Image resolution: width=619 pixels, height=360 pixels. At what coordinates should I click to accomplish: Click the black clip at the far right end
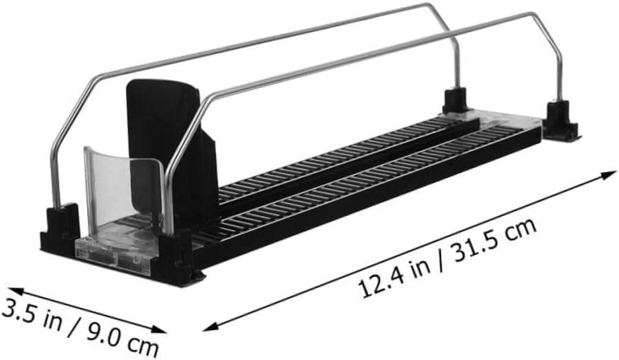point(559,121)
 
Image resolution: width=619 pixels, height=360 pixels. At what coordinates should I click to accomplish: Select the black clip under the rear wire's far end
point(457,100)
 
